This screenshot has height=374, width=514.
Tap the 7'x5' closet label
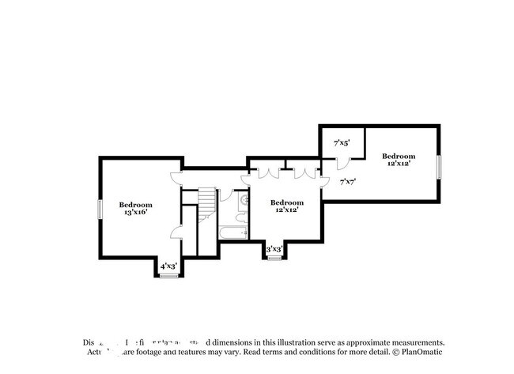342,143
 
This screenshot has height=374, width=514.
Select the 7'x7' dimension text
347,181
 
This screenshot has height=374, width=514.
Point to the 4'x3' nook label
168,266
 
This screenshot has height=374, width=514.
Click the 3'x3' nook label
274,249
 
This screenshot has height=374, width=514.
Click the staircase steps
207,201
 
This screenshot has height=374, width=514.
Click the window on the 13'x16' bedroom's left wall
100,209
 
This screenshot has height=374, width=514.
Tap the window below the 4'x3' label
168,276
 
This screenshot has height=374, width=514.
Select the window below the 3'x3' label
274,259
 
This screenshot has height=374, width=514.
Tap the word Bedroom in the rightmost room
399,156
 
